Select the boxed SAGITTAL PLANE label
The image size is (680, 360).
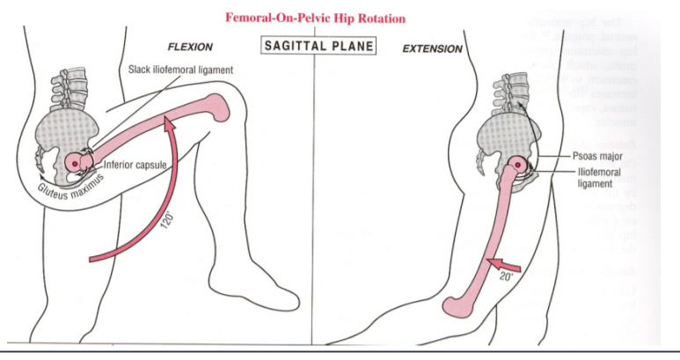[x=319, y=46]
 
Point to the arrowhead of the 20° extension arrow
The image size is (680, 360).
[x=486, y=262]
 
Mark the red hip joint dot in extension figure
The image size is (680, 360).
[x=520, y=164]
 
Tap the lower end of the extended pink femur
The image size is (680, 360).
[x=460, y=305]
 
